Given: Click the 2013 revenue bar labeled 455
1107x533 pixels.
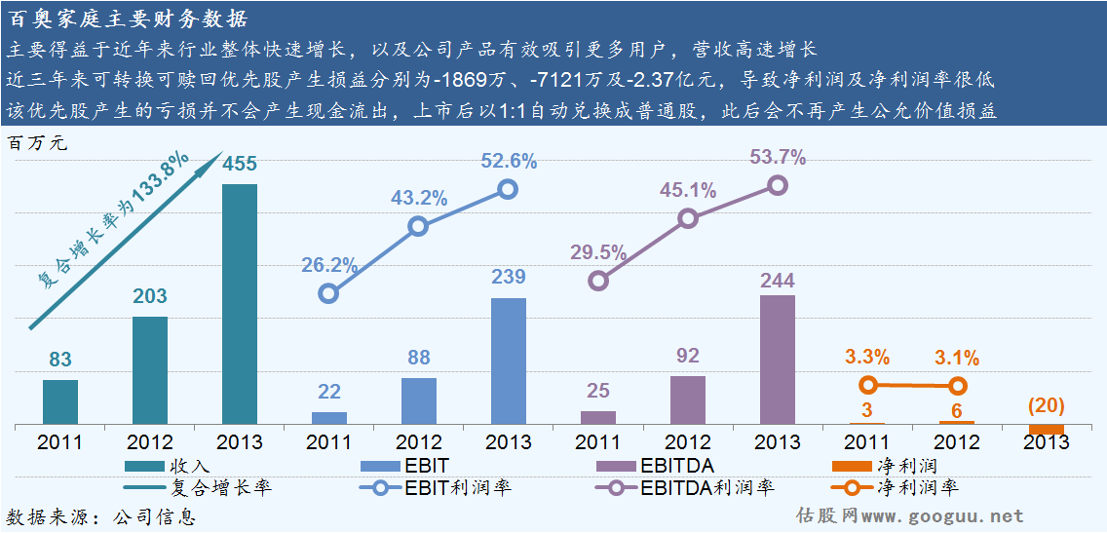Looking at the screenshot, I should tap(240, 303).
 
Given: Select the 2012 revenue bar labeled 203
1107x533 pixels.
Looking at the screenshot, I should tap(150, 370).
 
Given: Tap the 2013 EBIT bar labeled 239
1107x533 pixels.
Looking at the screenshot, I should tap(509, 361).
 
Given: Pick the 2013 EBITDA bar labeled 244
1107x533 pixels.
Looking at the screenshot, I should tap(778, 359).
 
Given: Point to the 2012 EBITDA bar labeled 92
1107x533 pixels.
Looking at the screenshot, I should tap(688, 400).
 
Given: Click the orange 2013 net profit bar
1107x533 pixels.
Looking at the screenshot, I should tap(1047, 430).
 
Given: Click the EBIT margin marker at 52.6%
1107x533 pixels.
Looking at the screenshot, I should tap(508, 189).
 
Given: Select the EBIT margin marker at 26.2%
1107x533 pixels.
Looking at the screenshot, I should tap(329, 293).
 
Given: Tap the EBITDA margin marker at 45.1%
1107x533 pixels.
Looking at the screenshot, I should tap(688, 218).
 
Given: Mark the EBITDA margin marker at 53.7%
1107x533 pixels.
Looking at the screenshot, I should tap(777, 185).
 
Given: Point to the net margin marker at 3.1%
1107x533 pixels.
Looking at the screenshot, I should tap(958, 386).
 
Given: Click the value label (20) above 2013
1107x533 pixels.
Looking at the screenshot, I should tap(1046, 405).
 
